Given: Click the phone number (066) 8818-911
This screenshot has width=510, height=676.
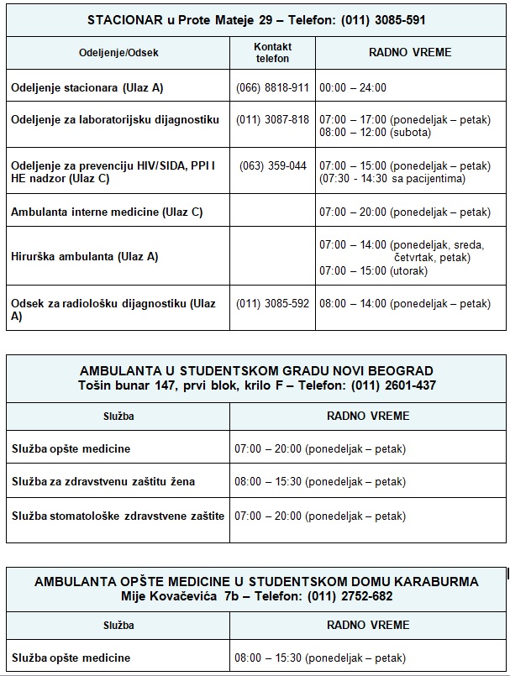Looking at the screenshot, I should (272, 87).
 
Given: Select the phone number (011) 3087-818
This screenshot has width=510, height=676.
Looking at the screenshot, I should (272, 119).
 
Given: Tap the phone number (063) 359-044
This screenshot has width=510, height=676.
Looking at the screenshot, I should (272, 165).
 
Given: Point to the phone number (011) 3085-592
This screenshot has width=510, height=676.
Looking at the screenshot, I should (272, 303).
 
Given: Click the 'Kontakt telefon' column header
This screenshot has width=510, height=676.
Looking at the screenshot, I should (272, 53).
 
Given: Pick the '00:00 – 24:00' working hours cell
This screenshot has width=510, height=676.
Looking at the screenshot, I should (353, 87).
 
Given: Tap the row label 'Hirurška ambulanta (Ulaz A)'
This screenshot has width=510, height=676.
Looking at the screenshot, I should (85, 256).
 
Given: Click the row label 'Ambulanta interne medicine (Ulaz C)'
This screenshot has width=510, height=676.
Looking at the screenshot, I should (107, 212).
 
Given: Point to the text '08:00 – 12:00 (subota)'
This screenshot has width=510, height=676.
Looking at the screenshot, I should (375, 132).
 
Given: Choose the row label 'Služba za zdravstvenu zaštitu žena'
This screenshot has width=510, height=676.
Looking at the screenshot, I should (103, 482).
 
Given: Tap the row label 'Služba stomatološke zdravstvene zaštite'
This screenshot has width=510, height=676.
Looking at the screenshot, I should (118, 516).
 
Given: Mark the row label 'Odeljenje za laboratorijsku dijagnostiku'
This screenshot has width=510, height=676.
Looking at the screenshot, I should (115, 119).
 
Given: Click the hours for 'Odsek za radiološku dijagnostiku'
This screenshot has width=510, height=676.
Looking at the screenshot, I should (405, 303).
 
